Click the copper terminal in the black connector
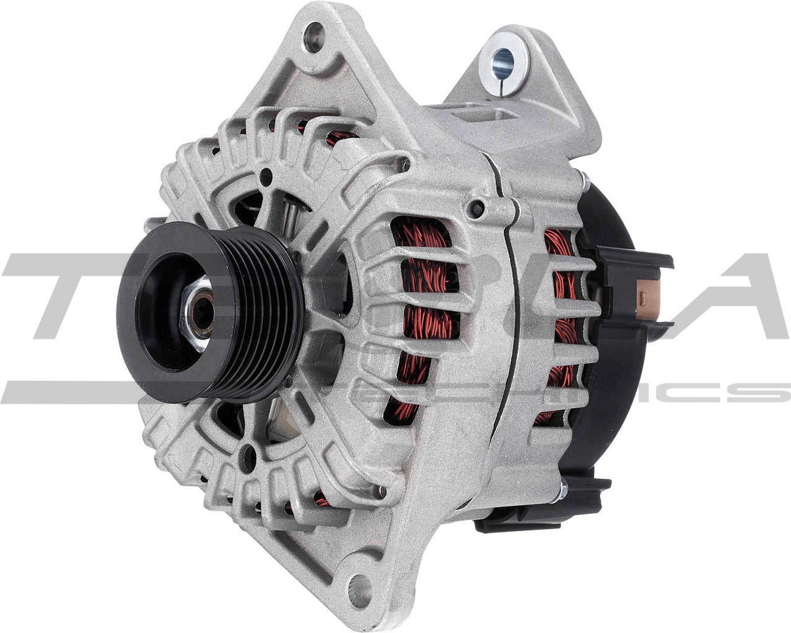click(x=648, y=291)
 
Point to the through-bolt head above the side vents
click(x=476, y=204)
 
